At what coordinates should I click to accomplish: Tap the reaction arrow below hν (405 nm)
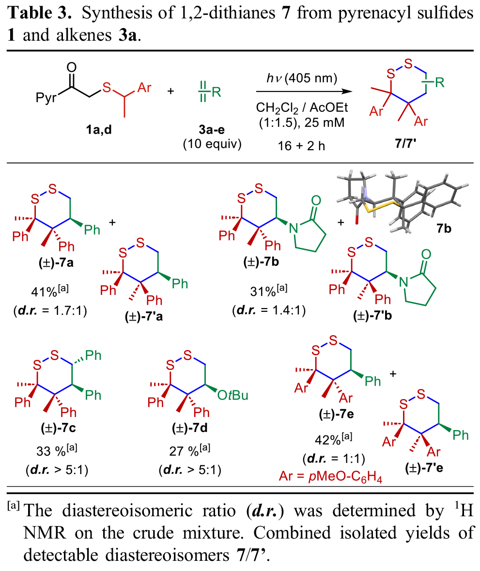(303, 92)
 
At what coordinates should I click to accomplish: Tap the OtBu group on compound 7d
(232, 396)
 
